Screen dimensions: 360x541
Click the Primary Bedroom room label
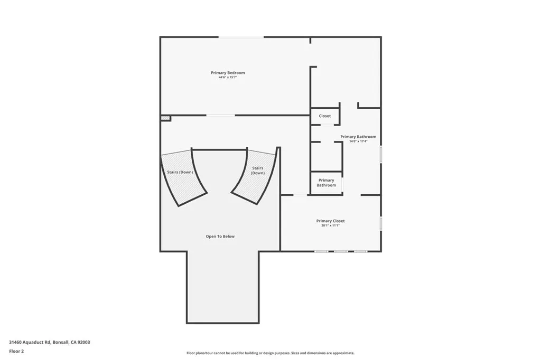pyautogui.click(x=228, y=73)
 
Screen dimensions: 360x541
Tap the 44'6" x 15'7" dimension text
pyautogui.click(x=228, y=78)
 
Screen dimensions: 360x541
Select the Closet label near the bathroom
pyautogui.click(x=324, y=116)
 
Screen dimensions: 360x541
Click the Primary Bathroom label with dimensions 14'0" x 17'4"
pyautogui.click(x=358, y=137)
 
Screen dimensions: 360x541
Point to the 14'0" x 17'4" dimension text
pyautogui.click(x=358, y=141)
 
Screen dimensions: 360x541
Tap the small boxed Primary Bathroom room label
pyautogui.click(x=326, y=183)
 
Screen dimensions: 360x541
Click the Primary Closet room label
pyautogui.click(x=330, y=221)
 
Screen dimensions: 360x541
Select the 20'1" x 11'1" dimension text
pyautogui.click(x=330, y=225)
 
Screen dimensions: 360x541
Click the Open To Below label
pyautogui.click(x=220, y=236)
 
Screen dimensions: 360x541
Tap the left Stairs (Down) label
pyautogui.click(x=176, y=172)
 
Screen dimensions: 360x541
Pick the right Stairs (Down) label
pyautogui.click(x=258, y=170)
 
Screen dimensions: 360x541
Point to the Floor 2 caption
pyautogui.click(x=16, y=351)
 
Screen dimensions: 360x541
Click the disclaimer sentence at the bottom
pyautogui.click(x=270, y=353)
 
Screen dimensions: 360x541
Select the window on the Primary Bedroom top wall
pyautogui.click(x=241, y=37)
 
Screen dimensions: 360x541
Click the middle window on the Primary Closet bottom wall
pyautogui.click(x=341, y=251)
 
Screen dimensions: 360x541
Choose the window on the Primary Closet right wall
pyautogui.click(x=380, y=222)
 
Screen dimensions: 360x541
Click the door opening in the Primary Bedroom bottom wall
pyautogui.click(x=220, y=115)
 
